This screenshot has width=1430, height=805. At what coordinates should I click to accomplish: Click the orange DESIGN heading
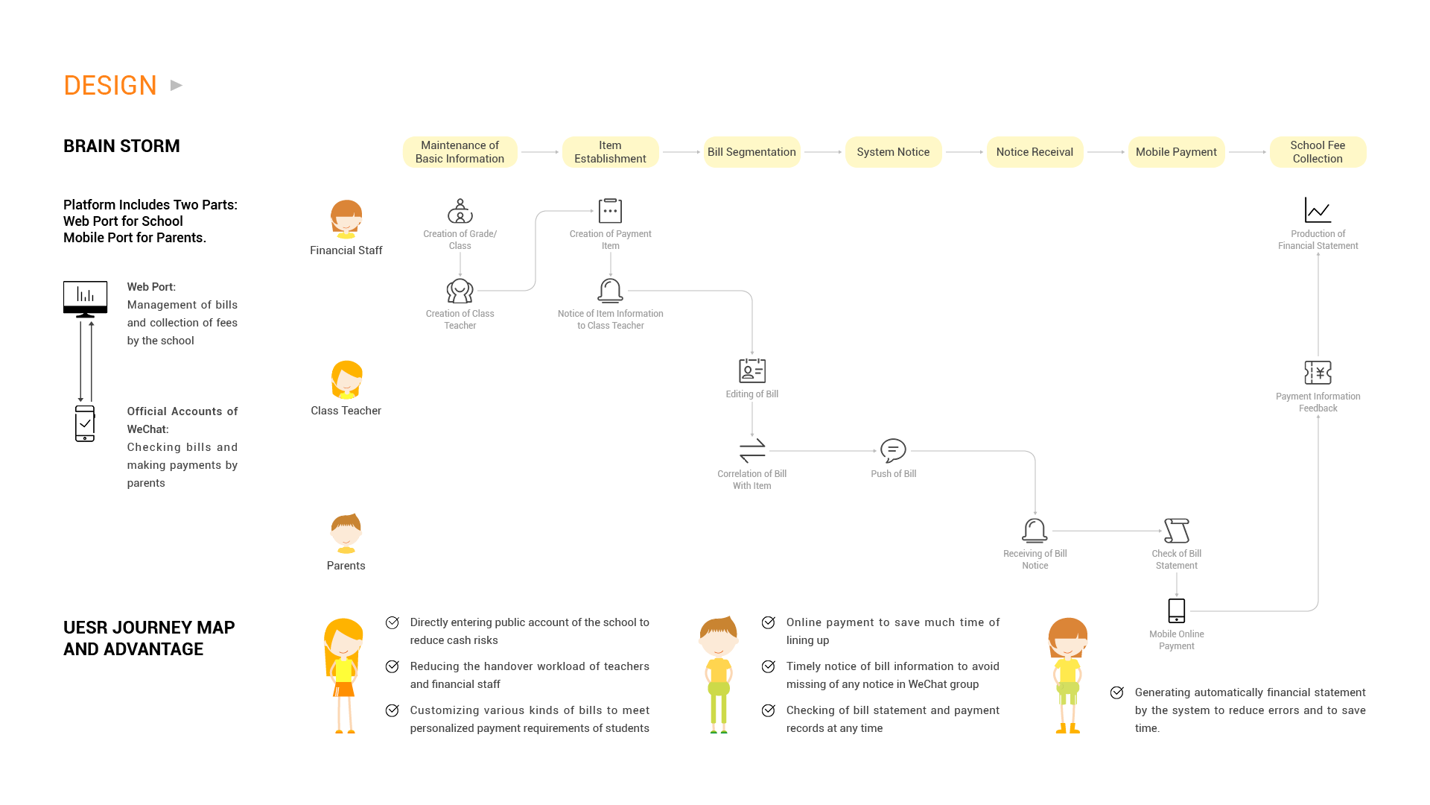point(110,86)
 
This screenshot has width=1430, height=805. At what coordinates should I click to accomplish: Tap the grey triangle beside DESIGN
point(177,86)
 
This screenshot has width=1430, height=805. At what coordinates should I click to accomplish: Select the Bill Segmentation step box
point(751,152)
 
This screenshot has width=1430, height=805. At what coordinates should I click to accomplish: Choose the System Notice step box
point(893,152)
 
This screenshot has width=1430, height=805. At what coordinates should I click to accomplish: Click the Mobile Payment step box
point(1176,152)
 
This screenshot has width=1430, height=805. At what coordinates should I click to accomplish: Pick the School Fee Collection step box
point(1318,152)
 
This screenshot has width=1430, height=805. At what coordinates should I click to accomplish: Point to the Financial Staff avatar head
point(346,218)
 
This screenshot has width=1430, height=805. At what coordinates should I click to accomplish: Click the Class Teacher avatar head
point(346,379)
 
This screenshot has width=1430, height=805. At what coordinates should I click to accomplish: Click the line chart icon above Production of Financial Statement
point(1318,210)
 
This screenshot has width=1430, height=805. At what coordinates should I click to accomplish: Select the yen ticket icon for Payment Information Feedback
point(1318,372)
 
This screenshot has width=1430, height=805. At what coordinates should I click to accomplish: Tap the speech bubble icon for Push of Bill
point(893,450)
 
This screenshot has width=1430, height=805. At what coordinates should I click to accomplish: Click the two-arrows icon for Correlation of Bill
point(752,450)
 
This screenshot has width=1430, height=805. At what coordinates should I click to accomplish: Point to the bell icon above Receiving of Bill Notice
point(1035,530)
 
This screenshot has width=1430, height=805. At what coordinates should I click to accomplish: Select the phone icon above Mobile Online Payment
point(1177,610)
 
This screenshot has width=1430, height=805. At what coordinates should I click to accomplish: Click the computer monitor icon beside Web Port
point(85,298)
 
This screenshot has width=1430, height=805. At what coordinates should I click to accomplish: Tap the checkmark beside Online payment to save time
point(769,622)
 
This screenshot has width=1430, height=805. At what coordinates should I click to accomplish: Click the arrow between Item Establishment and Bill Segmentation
point(681,152)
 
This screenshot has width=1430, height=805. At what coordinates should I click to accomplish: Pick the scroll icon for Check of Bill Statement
point(1177,530)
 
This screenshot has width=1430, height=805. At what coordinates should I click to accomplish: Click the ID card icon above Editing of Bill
point(752,370)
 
